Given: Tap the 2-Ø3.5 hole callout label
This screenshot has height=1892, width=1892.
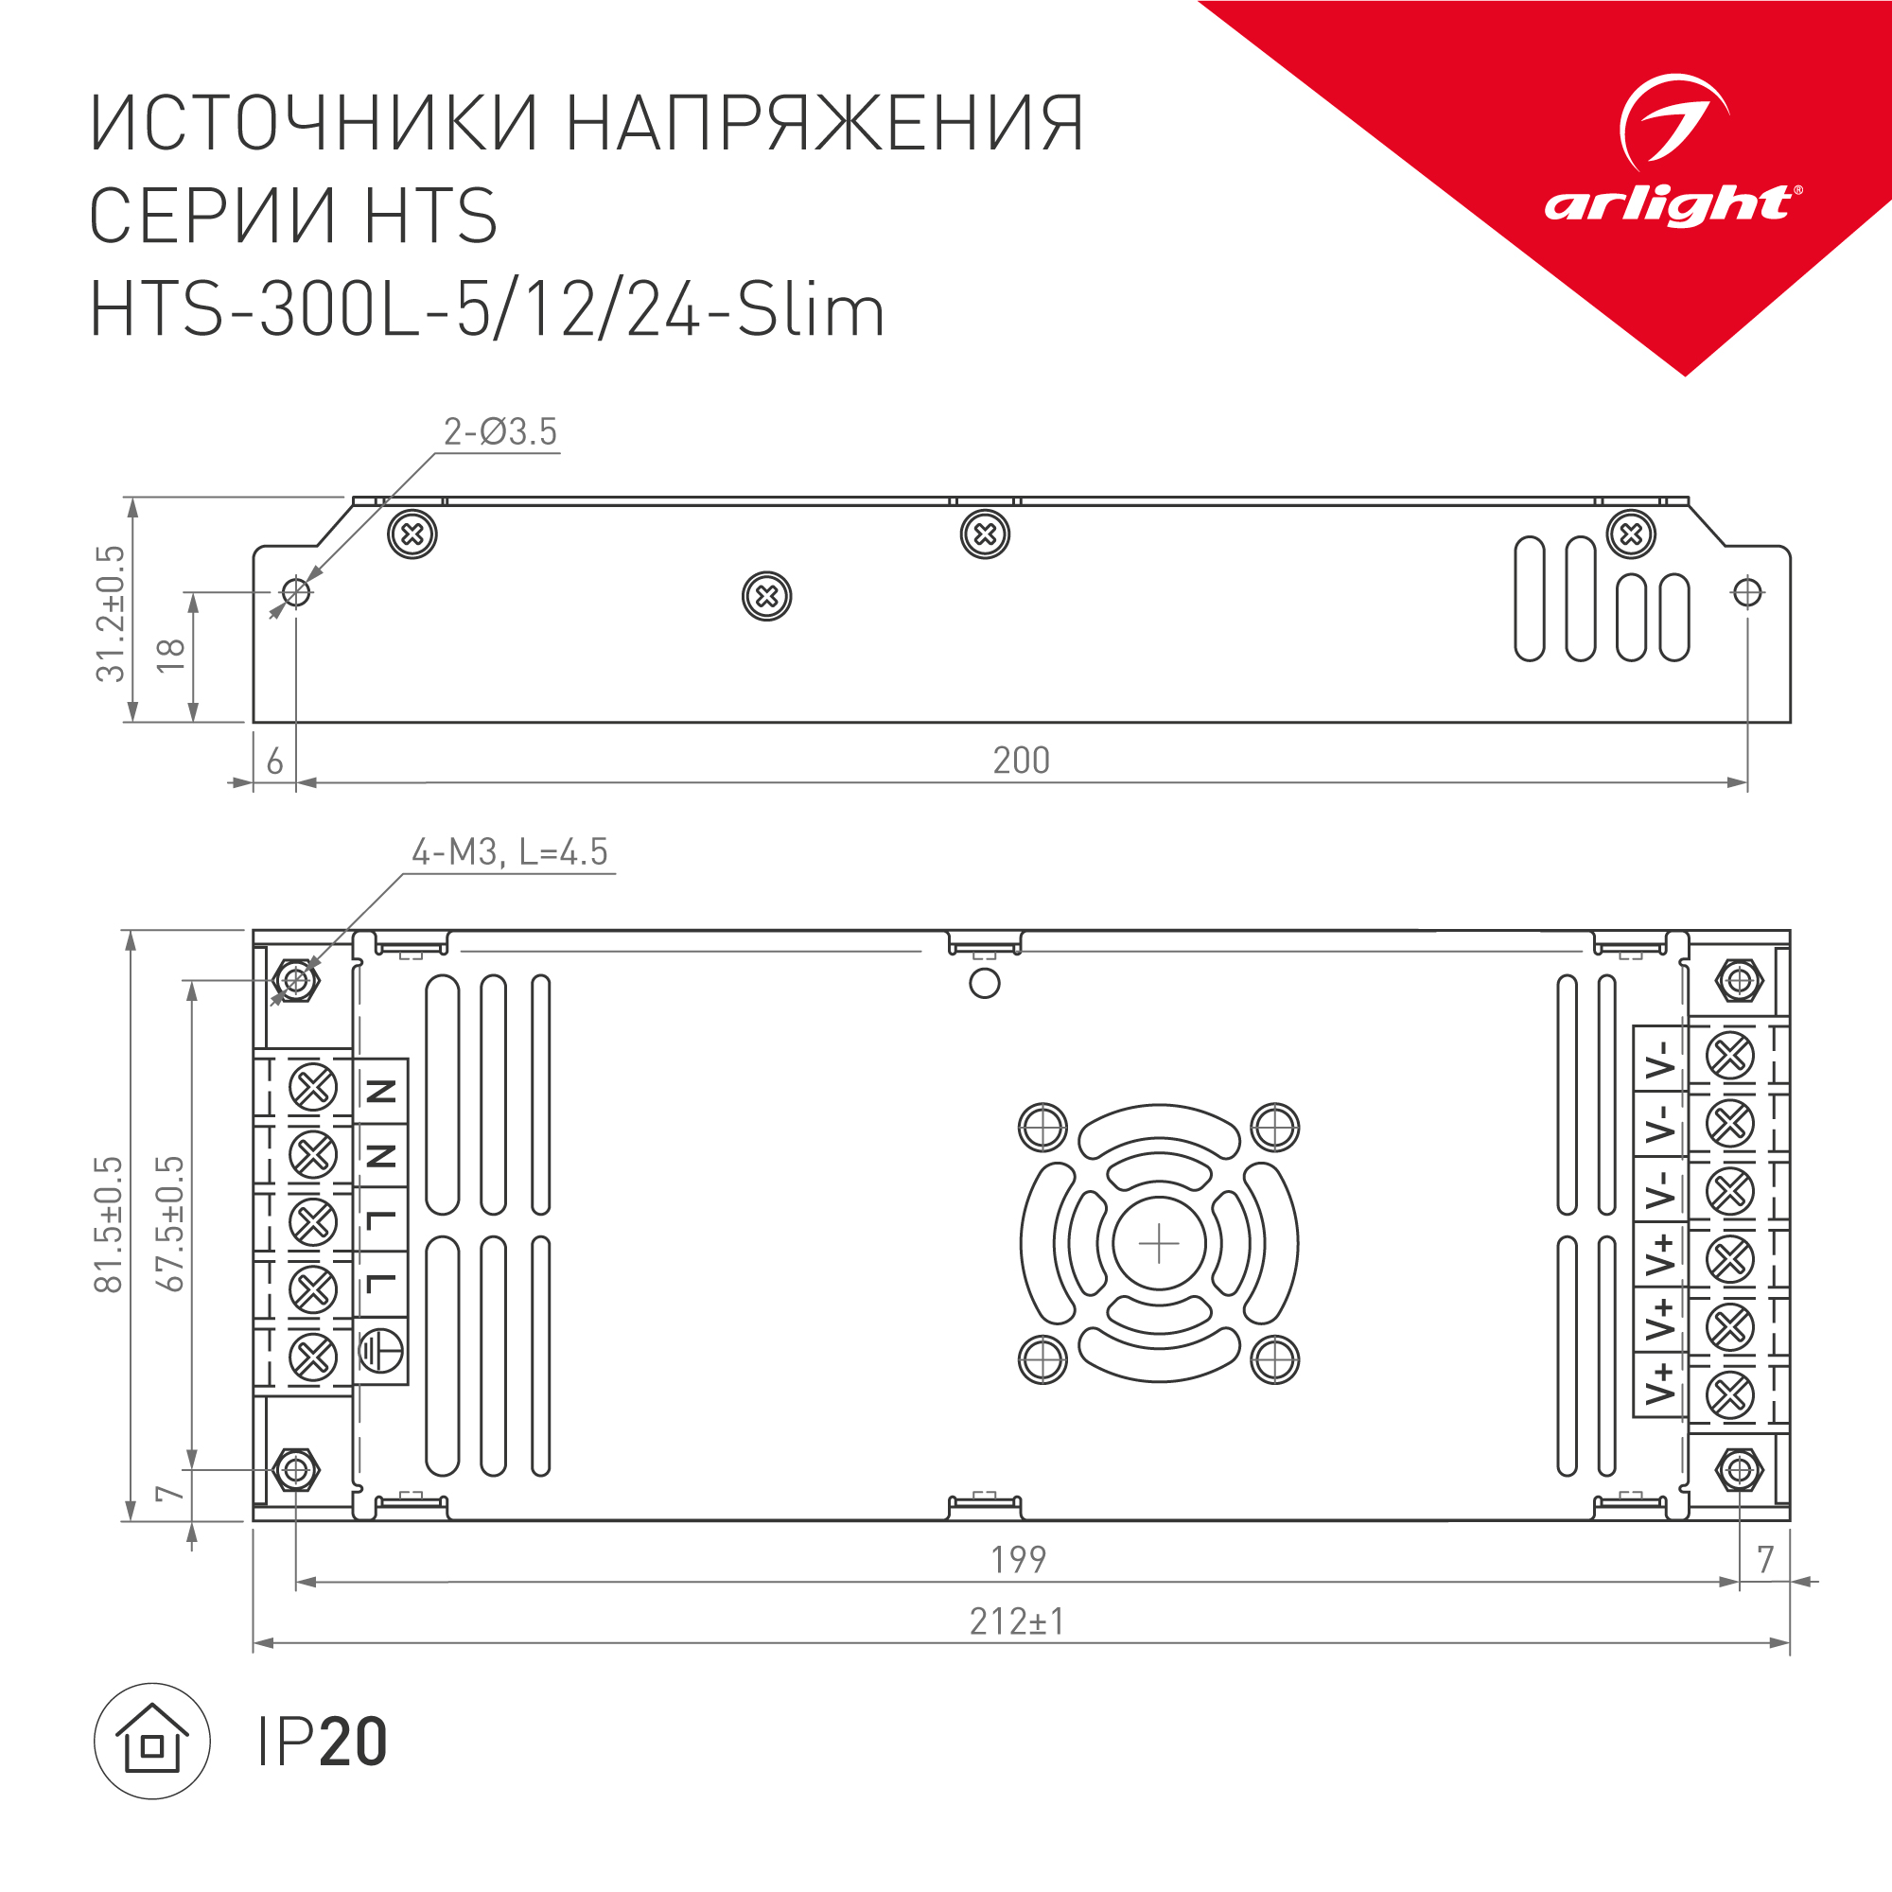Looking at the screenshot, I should coord(499,432).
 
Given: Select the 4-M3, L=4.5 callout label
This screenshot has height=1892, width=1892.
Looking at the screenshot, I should coord(509,852).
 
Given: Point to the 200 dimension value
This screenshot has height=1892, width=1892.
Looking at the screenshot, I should coord(1021,761).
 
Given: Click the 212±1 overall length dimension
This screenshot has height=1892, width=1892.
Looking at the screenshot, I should coord(1017,1621).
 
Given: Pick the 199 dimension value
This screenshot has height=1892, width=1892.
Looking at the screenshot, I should coord(1019,1559).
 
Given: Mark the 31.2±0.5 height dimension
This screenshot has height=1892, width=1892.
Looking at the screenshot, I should coord(111,613).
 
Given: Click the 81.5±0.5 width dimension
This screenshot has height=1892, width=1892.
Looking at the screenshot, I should coord(109,1223).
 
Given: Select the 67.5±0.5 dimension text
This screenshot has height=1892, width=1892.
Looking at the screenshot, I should coord(170,1223).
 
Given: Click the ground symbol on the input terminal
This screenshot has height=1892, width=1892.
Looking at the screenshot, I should coord(380,1352).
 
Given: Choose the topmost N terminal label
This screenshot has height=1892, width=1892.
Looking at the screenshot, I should coord(380,1090).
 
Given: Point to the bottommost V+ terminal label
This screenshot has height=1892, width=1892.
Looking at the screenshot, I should coord(1659,1384).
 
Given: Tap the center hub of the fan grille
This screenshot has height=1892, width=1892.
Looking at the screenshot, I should coord(1159,1244).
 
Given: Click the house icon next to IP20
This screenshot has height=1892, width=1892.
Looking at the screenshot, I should coord(151,1742).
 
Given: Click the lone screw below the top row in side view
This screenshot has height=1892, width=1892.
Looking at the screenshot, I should coord(767,596).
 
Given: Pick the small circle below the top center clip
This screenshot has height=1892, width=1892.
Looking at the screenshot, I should coord(984,983).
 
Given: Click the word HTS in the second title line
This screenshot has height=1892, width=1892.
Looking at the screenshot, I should coord(430,216).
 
